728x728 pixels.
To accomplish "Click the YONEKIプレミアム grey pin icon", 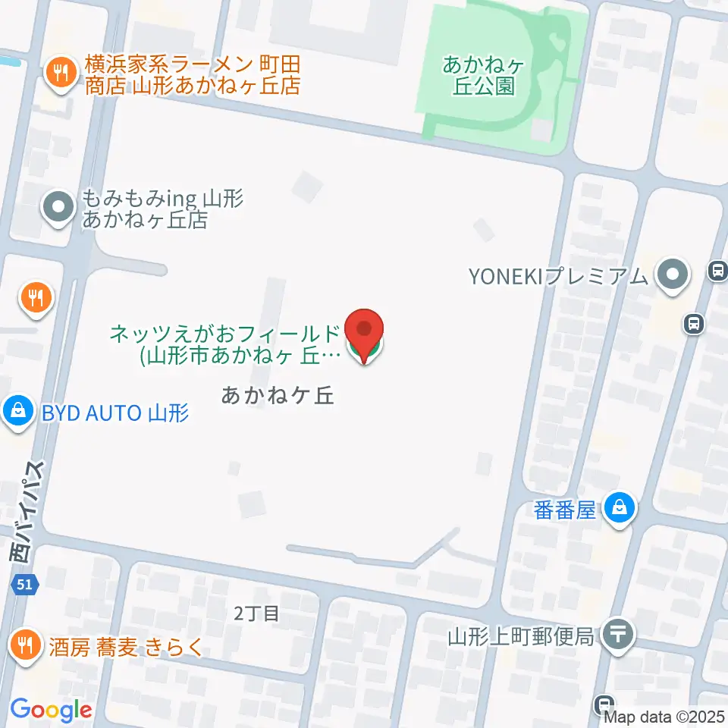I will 673,276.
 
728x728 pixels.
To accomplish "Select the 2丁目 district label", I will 256,613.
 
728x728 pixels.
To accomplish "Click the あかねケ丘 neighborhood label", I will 278,395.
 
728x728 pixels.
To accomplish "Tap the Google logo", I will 51,710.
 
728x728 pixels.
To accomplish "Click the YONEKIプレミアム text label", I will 559,277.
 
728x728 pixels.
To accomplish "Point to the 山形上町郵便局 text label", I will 519,635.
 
